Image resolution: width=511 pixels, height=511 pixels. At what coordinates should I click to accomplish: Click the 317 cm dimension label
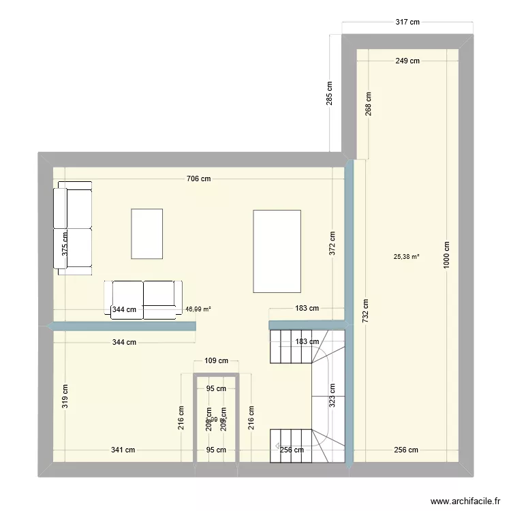pos(407,22)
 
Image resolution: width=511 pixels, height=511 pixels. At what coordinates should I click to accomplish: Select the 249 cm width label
pos(407,61)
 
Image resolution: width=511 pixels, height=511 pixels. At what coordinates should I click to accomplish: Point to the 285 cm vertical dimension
pos(330,93)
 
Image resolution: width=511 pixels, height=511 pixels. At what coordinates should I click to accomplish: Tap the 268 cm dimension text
pos(368,105)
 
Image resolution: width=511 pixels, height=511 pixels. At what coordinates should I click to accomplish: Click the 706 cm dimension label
pos(198,179)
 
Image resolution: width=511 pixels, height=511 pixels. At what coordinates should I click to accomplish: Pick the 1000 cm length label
pos(447,256)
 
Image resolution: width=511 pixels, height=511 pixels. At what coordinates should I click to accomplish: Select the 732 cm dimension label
pos(366,313)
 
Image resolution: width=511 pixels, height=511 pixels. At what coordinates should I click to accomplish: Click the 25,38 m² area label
pos(406,257)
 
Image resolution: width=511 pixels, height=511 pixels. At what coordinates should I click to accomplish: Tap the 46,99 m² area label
pos(198,309)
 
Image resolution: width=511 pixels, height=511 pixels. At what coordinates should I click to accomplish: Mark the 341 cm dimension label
pos(123,450)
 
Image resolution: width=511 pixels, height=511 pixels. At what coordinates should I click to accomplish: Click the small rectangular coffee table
pos(147,234)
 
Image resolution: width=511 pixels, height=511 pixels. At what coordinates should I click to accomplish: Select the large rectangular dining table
pos(277,250)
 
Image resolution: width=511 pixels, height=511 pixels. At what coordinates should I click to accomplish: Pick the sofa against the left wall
pos(74,228)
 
